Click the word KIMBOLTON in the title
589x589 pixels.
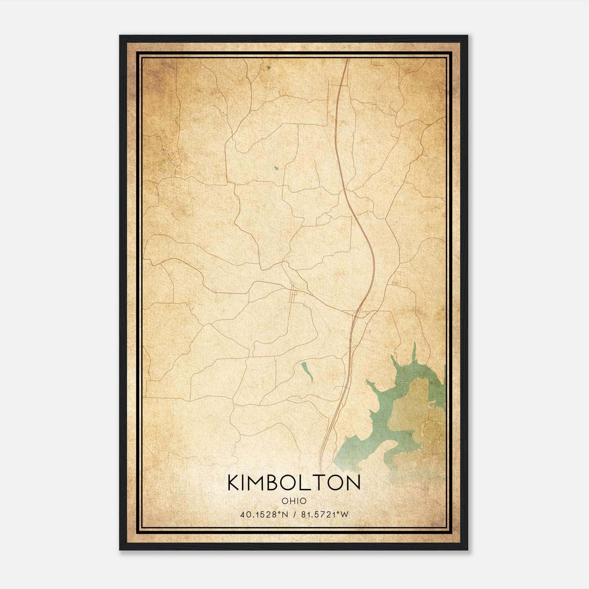[x=294, y=483]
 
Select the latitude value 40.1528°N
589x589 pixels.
[x=263, y=514]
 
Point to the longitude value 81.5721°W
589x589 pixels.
[x=324, y=514]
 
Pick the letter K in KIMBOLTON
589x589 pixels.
[x=234, y=483]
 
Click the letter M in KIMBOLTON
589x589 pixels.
[x=255, y=483]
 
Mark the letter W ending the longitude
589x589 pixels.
[x=344, y=514]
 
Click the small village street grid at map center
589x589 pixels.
[x=293, y=294]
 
